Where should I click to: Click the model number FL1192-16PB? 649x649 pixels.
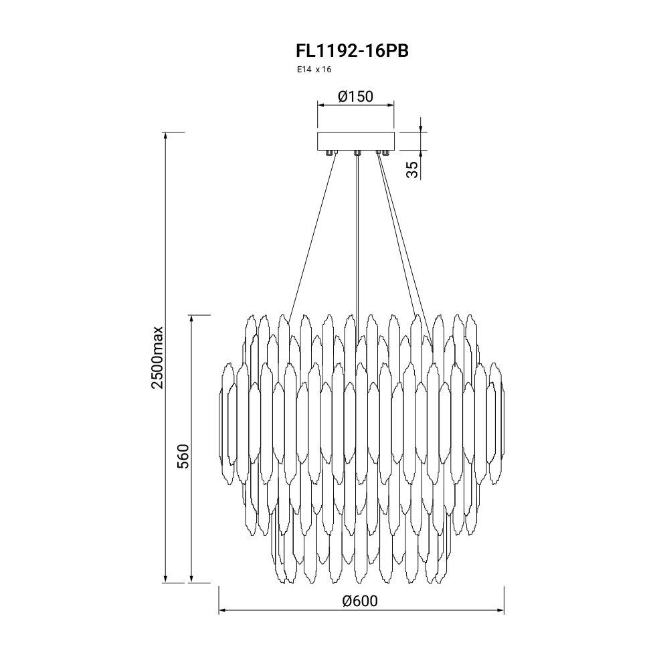pyautogui.click(x=352, y=51)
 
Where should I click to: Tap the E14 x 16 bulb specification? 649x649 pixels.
pyautogui.click(x=314, y=70)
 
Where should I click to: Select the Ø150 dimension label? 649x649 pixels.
pyautogui.click(x=355, y=96)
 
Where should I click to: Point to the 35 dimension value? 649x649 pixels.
pyautogui.click(x=412, y=170)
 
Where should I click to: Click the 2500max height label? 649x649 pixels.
pyautogui.click(x=158, y=358)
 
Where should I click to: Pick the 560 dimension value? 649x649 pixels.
pyautogui.click(x=183, y=456)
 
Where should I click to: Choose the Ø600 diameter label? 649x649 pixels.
pyautogui.click(x=360, y=601)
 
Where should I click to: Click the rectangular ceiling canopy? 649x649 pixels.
pyautogui.click(x=356, y=142)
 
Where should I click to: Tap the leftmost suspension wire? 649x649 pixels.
pyautogui.click(x=312, y=237)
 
